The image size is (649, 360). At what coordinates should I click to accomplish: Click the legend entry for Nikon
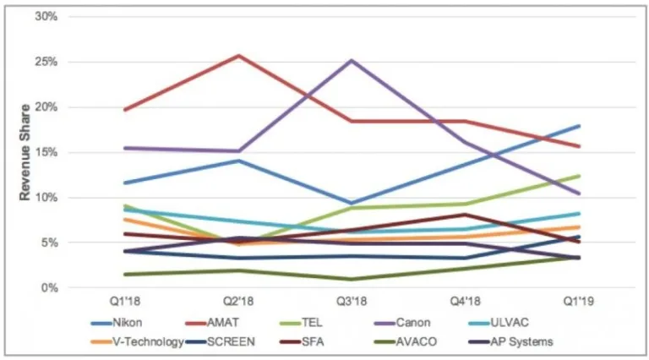[x=116, y=322]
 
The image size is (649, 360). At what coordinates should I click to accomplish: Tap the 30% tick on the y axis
[x=45, y=17]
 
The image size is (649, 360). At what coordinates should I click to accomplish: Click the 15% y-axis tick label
[x=45, y=152]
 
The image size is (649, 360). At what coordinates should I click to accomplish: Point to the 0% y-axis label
[x=48, y=287]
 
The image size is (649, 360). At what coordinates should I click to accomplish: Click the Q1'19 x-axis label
[x=579, y=300]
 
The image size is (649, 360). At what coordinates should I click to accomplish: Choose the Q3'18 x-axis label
[x=352, y=300]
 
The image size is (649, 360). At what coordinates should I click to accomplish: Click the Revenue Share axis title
[x=25, y=152]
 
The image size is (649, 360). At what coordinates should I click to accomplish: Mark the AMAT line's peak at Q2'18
[x=238, y=56]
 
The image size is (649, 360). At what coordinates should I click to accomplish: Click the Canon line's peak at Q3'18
[x=352, y=60]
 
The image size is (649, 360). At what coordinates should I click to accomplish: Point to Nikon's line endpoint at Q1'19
[x=579, y=126]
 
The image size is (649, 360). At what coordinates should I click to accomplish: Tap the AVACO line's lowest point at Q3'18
[x=352, y=279]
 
